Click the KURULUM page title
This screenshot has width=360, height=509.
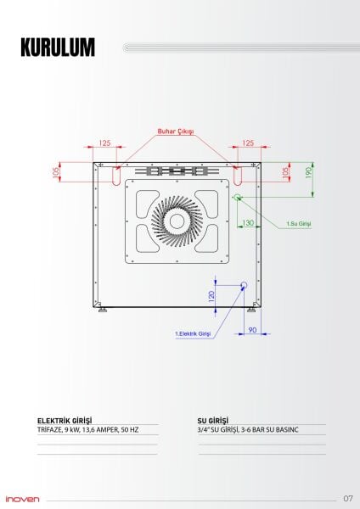tap(58, 48)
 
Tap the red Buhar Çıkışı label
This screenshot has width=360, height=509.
tap(176, 131)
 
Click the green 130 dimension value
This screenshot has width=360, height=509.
tap(248, 222)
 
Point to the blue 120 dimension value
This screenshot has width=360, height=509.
tap(211, 295)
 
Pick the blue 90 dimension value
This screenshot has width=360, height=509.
tap(252, 329)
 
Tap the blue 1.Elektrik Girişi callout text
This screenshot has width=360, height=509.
tap(192, 333)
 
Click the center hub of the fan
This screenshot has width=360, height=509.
tap(177, 220)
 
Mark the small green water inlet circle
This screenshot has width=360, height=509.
tap(238, 197)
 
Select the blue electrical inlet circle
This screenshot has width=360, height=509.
tap(244, 285)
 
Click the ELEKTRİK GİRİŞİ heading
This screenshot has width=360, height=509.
tap(65, 421)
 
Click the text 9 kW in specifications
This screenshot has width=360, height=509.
tap(73, 430)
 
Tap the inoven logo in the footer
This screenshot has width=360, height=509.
tap(22, 498)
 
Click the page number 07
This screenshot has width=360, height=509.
tap(348, 498)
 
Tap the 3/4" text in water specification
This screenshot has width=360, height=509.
tap(204, 430)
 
